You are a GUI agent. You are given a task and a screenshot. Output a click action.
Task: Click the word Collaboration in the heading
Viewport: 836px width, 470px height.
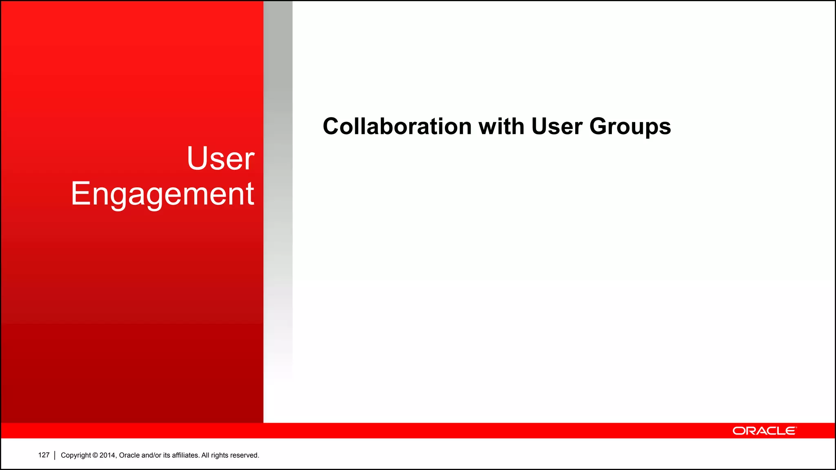tap(397, 126)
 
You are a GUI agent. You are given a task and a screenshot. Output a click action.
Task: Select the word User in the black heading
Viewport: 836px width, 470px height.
tap(556, 126)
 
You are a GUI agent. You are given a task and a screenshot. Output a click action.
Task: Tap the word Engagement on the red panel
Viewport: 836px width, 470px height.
tap(162, 194)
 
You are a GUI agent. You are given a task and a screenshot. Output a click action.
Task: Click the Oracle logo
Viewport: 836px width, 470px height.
tap(764, 431)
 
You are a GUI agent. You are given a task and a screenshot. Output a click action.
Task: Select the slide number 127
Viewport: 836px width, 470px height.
tap(44, 455)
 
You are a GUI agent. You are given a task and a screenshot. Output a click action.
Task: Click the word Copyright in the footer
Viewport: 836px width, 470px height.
tap(76, 455)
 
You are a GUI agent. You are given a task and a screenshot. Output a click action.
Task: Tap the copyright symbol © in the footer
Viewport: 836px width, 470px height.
tap(95, 455)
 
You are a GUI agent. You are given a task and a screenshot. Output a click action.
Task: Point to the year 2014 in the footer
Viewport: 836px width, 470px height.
tap(107, 455)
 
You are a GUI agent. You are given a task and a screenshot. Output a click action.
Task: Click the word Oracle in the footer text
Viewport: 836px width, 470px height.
tap(129, 455)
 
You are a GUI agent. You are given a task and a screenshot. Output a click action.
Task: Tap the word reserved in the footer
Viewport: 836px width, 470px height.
tap(245, 455)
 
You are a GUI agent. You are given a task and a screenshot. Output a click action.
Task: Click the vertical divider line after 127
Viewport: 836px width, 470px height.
tap(55, 455)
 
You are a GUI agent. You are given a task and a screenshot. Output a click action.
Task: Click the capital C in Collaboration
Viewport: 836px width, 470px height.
tap(331, 126)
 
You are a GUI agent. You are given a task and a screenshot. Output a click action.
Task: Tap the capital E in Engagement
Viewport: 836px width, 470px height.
tap(80, 193)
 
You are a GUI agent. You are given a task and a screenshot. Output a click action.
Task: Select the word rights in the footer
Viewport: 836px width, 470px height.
tap(220, 455)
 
